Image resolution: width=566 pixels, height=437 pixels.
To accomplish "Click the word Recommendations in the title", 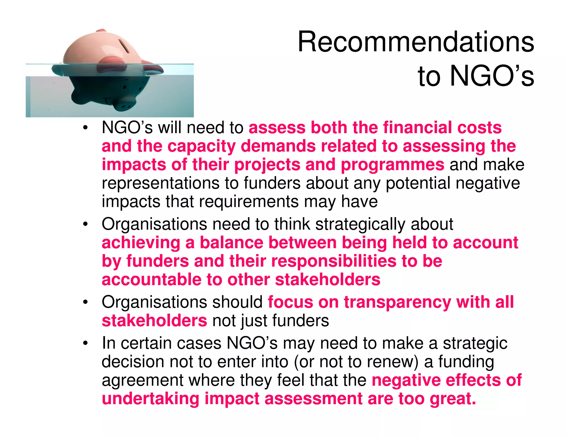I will [x=416, y=42].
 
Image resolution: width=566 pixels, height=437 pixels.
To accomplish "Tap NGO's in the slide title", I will [x=492, y=76].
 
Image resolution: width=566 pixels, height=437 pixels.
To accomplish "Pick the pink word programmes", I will [x=392, y=165].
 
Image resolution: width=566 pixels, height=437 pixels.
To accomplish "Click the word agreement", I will [x=142, y=380].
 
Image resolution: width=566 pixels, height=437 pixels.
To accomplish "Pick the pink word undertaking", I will [x=150, y=399].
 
